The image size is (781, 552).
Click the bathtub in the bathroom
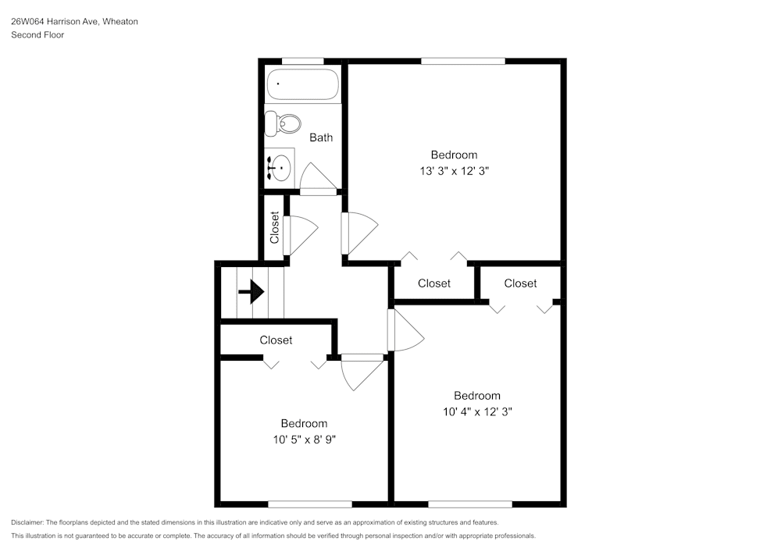[302, 84]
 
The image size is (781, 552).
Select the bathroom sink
[279, 167]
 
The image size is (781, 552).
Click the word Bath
[321, 137]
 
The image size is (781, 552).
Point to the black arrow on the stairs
[251, 293]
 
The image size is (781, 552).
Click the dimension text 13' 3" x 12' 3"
[454, 170]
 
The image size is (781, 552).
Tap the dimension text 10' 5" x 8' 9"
[304, 439]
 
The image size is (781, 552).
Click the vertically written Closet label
[275, 227]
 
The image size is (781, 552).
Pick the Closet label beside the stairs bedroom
[276, 340]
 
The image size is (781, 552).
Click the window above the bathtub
[302, 61]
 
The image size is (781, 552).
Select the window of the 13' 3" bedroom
[462, 61]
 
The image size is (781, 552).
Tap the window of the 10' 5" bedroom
[309, 504]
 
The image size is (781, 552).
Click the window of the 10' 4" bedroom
[469, 504]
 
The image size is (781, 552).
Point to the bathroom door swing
[318, 178]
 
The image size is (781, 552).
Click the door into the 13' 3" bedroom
[358, 233]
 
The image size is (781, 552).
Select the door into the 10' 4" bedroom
[406, 329]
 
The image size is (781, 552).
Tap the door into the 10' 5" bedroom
[361, 371]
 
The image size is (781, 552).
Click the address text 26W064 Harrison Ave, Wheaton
[74, 22]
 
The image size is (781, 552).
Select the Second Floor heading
[37, 35]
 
